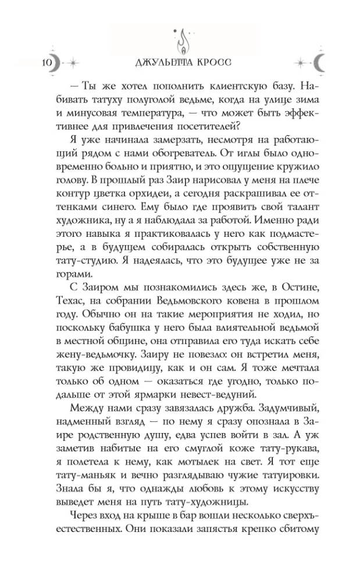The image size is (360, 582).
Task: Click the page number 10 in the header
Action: [48, 62]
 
